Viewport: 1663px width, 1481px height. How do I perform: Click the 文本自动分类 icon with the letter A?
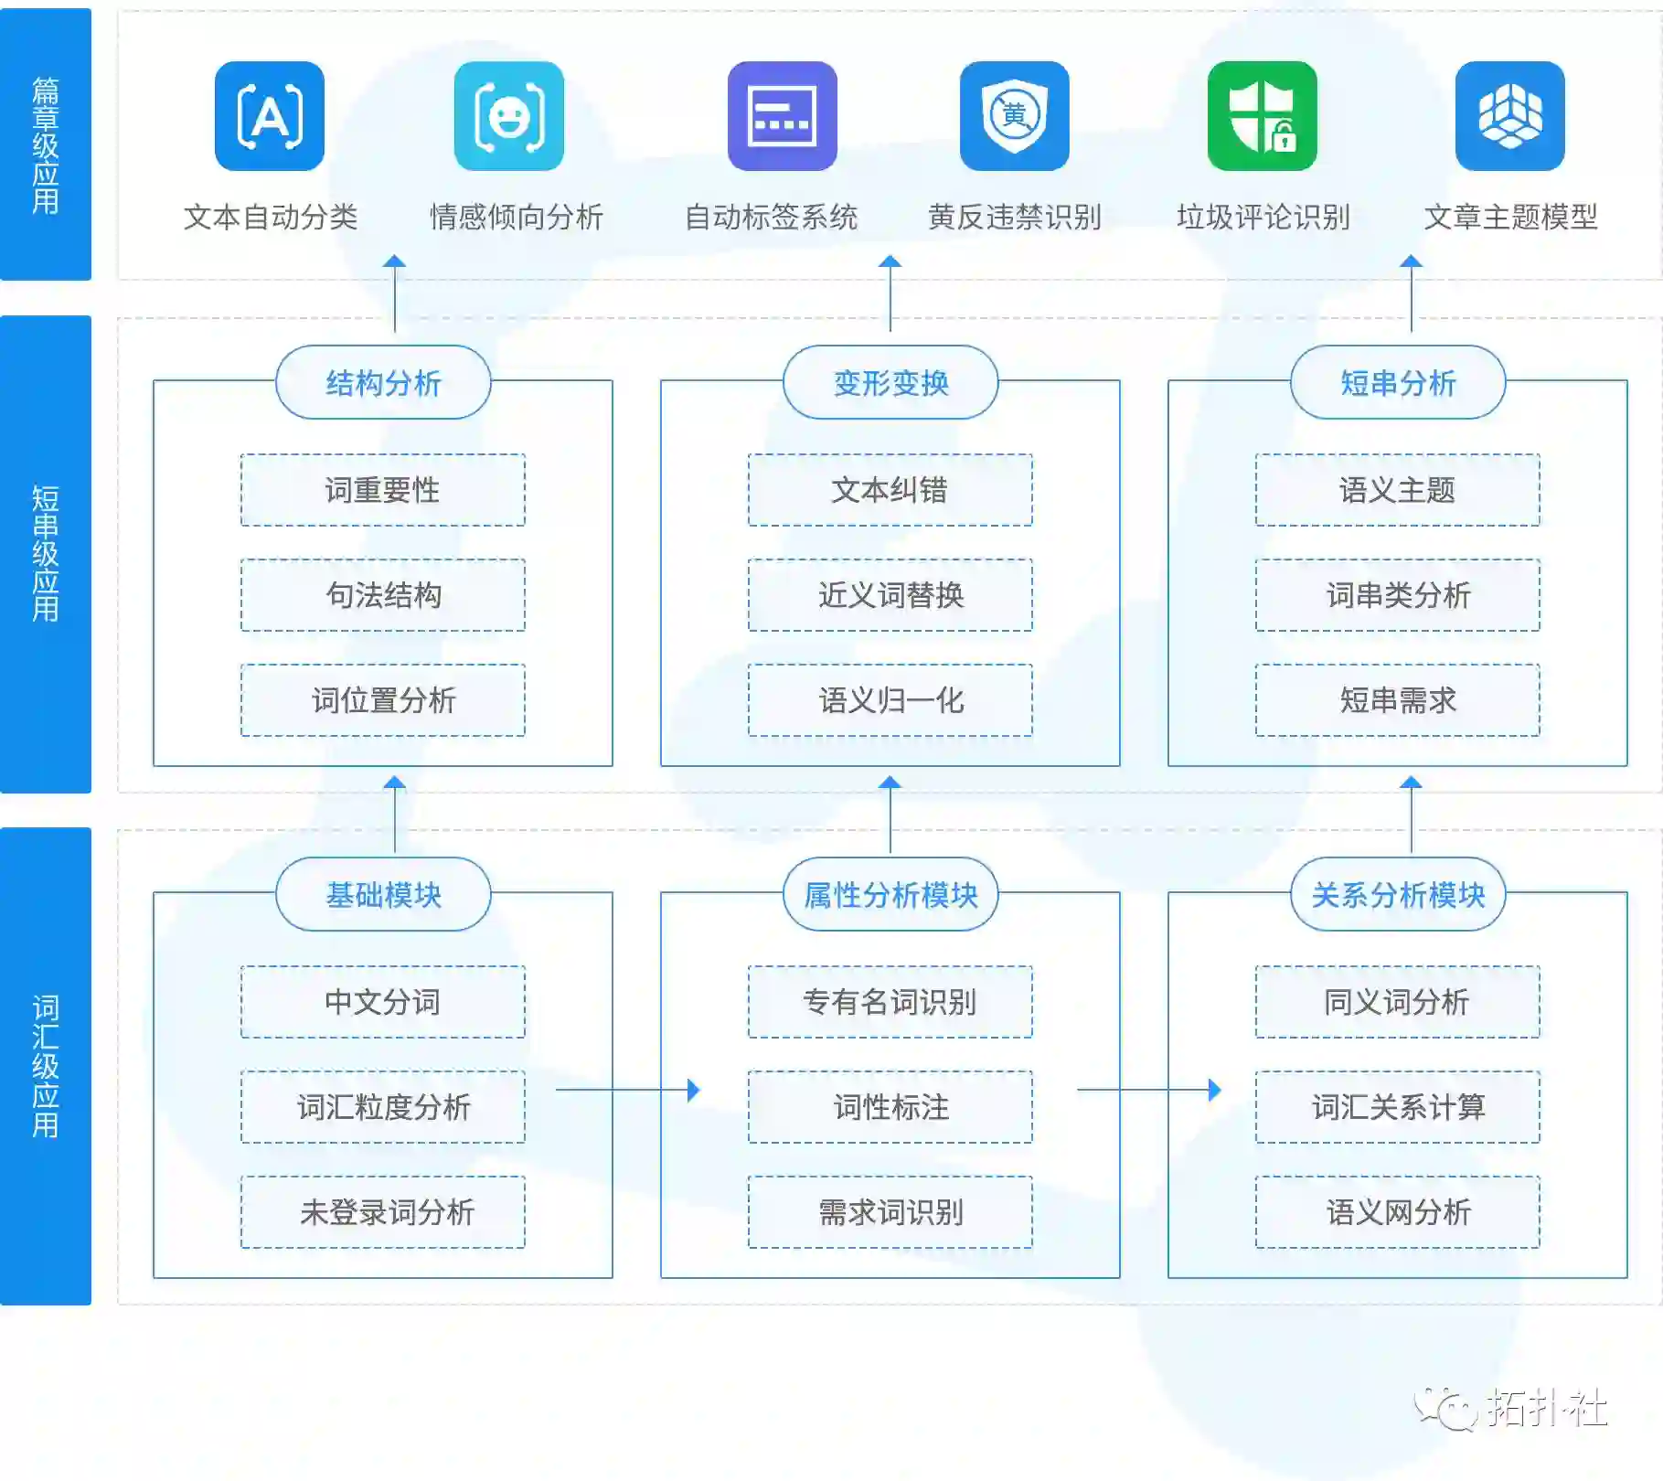(x=270, y=116)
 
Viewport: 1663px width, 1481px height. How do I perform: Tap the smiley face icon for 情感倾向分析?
(x=508, y=116)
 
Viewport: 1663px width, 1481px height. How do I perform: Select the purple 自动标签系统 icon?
(x=782, y=116)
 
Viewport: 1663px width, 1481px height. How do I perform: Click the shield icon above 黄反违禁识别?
(x=1014, y=116)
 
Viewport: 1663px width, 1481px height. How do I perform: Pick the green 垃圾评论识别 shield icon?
(x=1262, y=116)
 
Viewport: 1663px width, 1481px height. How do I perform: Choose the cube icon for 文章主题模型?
(x=1509, y=116)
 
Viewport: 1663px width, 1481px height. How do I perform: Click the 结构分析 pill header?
(x=383, y=382)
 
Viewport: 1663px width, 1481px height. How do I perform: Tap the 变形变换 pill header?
(x=890, y=382)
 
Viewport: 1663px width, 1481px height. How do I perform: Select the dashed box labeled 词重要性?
(x=383, y=490)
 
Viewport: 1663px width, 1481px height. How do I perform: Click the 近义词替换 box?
(x=890, y=595)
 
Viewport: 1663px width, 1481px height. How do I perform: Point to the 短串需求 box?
(x=1397, y=700)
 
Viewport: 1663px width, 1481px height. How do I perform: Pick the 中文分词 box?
(x=383, y=1002)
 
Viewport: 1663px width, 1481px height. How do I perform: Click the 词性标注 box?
(x=890, y=1107)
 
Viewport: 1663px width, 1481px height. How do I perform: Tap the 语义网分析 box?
(x=1397, y=1212)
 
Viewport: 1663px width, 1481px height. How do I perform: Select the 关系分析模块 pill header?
(x=1397, y=894)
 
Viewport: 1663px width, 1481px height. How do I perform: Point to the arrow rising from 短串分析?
(x=1411, y=293)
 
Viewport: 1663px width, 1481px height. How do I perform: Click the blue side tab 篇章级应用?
(x=46, y=144)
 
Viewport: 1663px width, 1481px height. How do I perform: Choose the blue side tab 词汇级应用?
(x=46, y=1066)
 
